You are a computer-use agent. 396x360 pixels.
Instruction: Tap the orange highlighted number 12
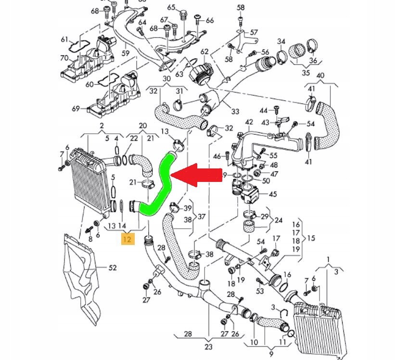point(128,239)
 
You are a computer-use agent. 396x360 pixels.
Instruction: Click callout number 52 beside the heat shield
point(112,268)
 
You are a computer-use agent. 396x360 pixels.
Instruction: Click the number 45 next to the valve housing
point(272,194)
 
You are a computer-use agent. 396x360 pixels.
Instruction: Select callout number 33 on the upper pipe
point(235,111)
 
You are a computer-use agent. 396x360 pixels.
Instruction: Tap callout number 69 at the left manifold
point(76,109)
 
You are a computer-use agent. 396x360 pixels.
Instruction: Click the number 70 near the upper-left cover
point(64,58)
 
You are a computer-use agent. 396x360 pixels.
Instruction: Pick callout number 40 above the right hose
point(320,76)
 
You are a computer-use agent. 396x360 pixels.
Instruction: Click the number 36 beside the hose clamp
point(313,61)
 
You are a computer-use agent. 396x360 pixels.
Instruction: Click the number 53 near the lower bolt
point(260,291)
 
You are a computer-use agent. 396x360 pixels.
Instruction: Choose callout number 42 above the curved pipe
point(249,122)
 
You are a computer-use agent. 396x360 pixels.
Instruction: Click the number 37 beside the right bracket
point(202,216)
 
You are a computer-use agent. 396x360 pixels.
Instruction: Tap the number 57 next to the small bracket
point(255,32)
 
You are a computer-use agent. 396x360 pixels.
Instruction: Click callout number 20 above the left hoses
point(143,126)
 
